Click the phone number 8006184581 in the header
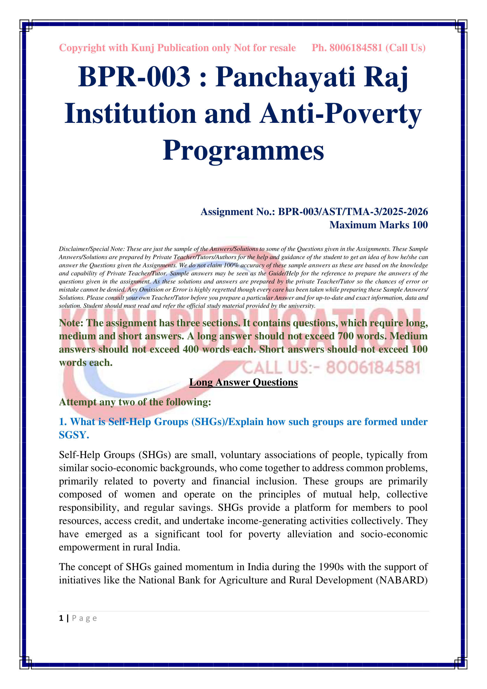356,48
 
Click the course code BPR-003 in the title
134,77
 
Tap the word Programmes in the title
243,150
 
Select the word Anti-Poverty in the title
341,114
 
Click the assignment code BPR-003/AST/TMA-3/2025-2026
353,212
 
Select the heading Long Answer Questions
243,382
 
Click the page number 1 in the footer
61,618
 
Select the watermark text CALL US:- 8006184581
331,368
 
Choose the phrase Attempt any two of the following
135,402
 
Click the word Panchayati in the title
285,77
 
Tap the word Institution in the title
130,114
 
